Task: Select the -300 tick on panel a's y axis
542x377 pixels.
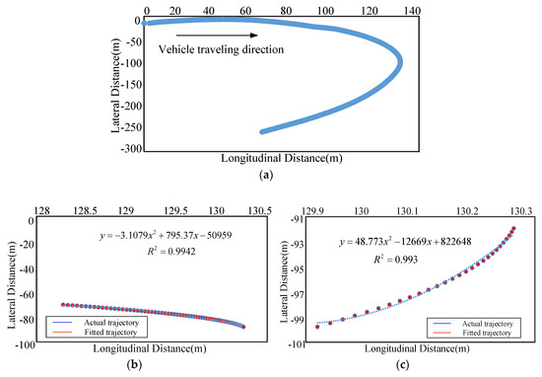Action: (x=128, y=150)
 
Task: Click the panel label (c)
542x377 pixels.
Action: (x=407, y=367)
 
